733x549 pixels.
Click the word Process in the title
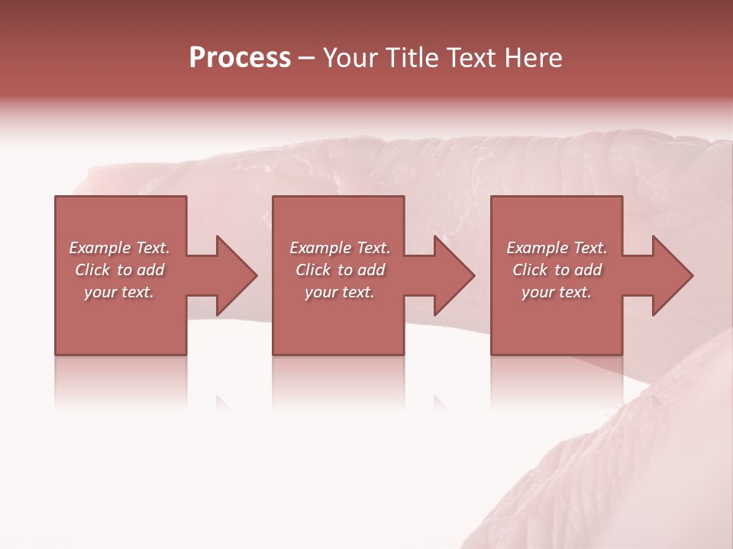[240, 58]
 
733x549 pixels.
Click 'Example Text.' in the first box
[119, 248]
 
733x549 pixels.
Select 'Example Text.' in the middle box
[340, 248]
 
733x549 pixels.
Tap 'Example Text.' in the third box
[557, 248]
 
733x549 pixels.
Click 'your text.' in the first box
[119, 292]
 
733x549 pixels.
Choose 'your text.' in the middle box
[340, 292]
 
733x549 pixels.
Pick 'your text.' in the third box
[557, 292]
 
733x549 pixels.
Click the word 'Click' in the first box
[92, 270]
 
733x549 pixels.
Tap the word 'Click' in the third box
[530, 270]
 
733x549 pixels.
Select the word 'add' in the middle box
[371, 270]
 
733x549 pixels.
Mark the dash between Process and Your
[307, 58]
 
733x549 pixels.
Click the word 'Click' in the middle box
[313, 270]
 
